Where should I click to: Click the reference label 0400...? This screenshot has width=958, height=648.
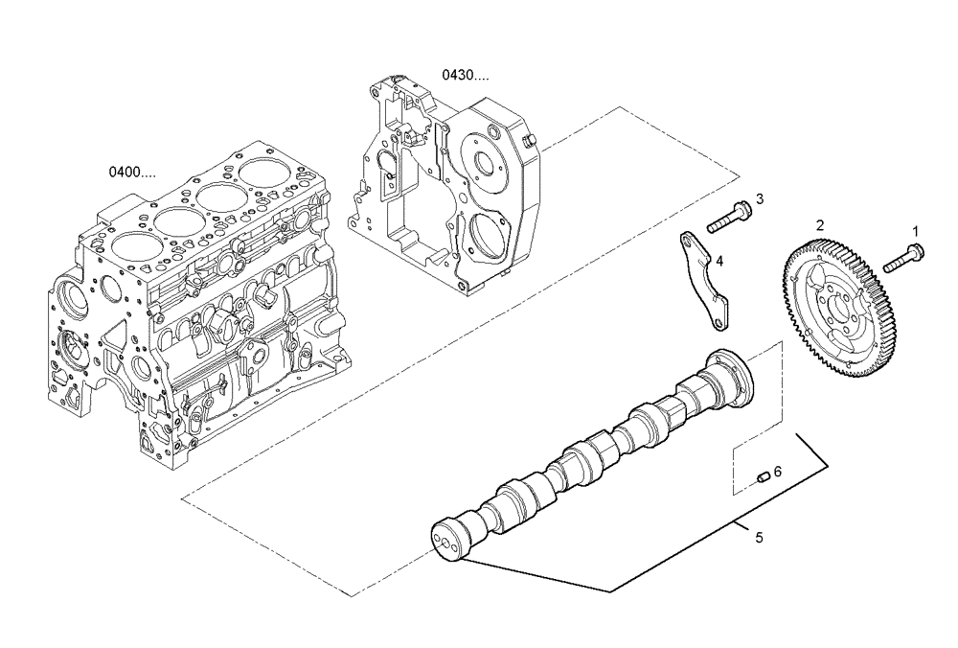(131, 173)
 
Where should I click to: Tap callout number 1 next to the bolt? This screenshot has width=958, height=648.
(914, 231)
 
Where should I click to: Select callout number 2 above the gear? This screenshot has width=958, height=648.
(819, 224)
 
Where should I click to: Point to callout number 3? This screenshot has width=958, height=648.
(759, 199)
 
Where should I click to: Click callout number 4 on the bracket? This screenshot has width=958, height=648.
(718, 260)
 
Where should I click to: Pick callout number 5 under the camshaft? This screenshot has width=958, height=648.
(759, 538)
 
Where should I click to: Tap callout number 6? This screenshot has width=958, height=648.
(777, 471)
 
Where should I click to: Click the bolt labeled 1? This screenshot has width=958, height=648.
(902, 256)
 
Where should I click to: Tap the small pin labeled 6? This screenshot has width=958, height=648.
(763, 475)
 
